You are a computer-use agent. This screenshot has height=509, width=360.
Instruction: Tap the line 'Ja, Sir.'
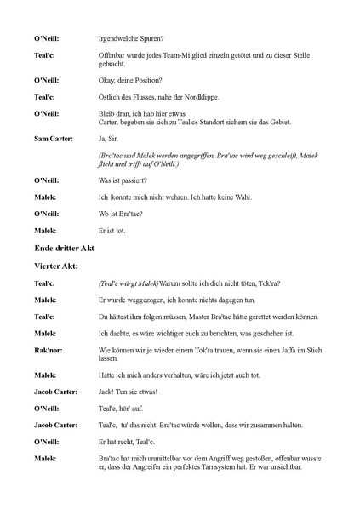pyautogui.click(x=111, y=138)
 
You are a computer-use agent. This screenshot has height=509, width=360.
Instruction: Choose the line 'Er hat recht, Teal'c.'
pyautogui.click(x=128, y=442)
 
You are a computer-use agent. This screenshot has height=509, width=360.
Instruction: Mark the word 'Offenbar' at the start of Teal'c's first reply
pyautogui.click(x=112, y=54)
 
